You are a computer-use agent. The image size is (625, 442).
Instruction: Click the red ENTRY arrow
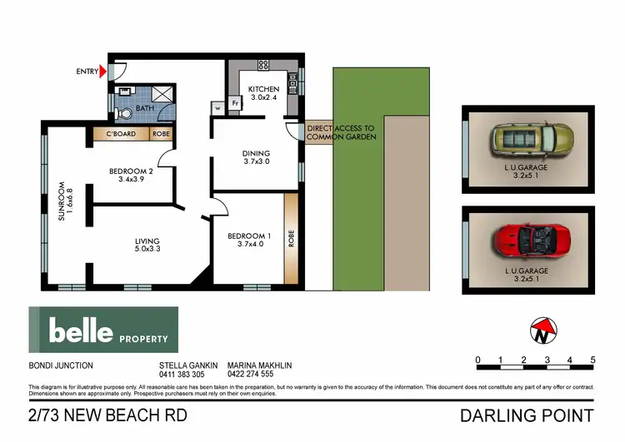click(x=103, y=72)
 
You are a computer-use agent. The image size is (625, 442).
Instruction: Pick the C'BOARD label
click(x=121, y=133)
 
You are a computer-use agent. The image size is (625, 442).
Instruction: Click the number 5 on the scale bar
click(x=592, y=360)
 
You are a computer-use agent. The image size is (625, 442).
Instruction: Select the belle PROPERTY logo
click(x=103, y=330)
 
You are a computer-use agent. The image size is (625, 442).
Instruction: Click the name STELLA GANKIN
click(x=188, y=365)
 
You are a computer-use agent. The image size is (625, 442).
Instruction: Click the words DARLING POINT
click(x=526, y=415)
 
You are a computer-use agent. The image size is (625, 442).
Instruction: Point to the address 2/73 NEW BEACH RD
click(x=107, y=415)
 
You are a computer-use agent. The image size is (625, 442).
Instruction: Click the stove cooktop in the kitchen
click(x=264, y=64)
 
